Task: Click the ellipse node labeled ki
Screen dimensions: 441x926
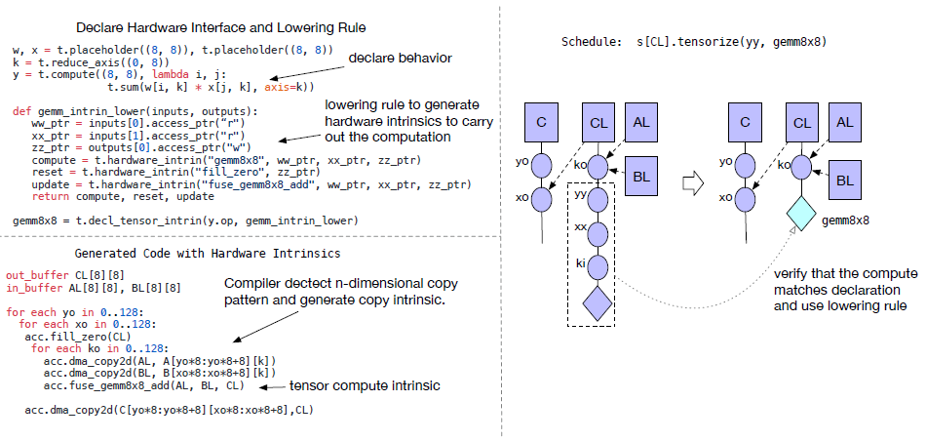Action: tap(598, 265)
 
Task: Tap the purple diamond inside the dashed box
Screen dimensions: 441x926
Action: tap(598, 303)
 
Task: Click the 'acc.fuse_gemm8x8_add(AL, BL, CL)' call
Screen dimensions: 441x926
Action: tap(147, 386)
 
